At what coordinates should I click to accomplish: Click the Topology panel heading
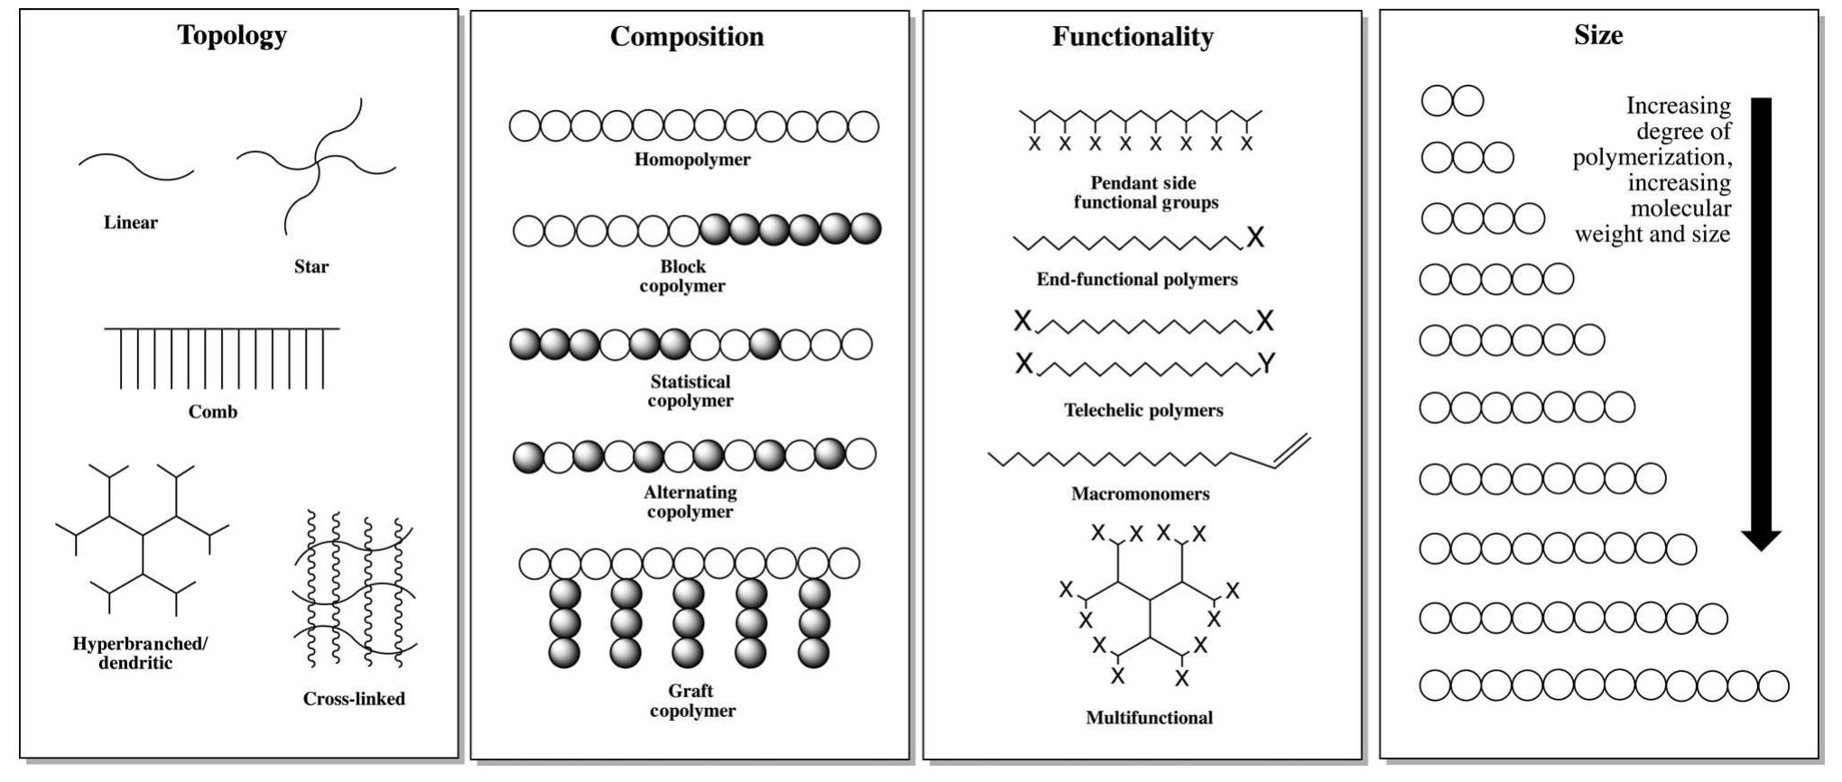coord(232,35)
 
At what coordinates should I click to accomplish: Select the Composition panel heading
coord(687,36)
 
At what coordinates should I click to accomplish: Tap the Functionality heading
coord(1133,36)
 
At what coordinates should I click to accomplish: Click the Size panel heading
coord(1598,35)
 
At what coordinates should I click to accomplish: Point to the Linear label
coord(131,223)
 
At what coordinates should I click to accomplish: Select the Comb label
coord(213,412)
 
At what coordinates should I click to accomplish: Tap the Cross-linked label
coord(354,699)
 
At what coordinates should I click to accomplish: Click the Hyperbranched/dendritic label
coord(140,653)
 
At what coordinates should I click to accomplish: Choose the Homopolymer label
coord(692,160)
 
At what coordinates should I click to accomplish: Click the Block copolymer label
coord(682,276)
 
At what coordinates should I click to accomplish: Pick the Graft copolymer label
coord(692,701)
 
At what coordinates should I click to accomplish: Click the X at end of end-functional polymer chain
coord(1255,237)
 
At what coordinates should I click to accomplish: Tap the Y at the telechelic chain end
coord(1267,363)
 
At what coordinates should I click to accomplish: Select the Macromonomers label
coord(1141,494)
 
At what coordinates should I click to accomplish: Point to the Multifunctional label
coord(1149,718)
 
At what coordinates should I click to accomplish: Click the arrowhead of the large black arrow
coord(1761,540)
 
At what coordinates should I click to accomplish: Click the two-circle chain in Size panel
coord(1452,101)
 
